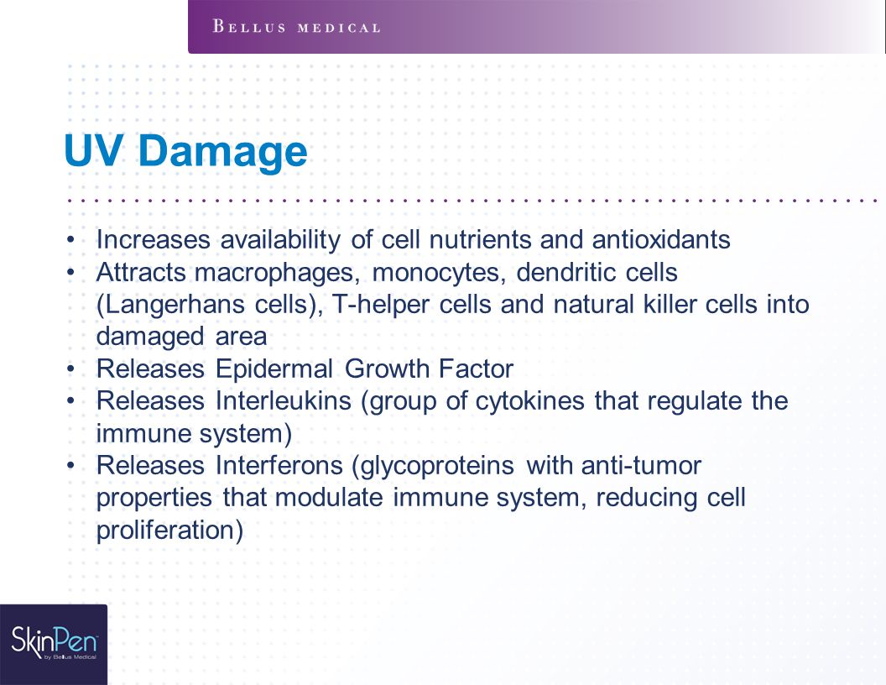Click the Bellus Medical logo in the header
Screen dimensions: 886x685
[297, 27]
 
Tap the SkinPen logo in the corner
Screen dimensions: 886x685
[55, 643]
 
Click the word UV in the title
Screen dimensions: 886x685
[93, 150]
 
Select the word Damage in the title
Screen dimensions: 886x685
[222, 151]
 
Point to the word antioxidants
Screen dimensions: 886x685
[661, 239]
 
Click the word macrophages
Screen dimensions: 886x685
[278, 273]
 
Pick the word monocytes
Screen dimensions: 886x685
[439, 273]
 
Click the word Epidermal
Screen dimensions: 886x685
[274, 369]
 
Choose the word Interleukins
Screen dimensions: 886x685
[284, 400]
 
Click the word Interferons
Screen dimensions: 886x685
[279, 466]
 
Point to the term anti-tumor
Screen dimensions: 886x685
[641, 466]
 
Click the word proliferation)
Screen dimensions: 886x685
[169, 531]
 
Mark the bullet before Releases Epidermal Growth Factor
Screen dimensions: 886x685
[70, 369]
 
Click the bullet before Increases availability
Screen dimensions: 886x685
[70, 240]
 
